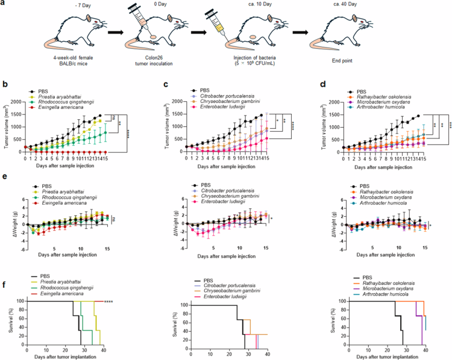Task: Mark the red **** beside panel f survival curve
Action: pos(109,301)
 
